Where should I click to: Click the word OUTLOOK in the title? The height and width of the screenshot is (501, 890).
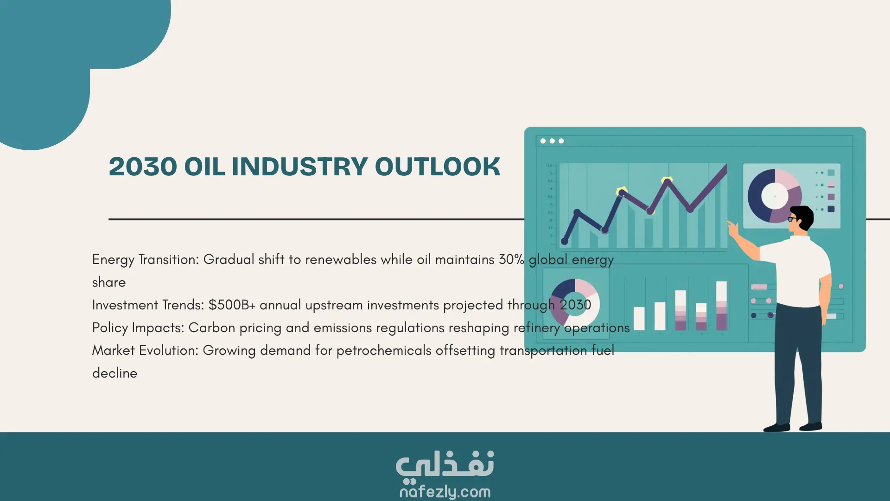(438, 167)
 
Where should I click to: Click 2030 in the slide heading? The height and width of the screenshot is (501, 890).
(143, 167)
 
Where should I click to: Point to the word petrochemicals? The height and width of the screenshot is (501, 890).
(384, 351)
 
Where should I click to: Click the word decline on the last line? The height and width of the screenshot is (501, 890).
(114, 373)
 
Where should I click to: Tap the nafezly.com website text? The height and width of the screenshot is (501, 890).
(445, 491)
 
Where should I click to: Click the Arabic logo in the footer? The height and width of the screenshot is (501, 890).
(445, 465)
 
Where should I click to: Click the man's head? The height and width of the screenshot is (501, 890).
(801, 219)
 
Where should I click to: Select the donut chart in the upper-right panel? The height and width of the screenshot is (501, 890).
(775, 196)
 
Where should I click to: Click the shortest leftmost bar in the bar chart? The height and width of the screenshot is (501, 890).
(639, 318)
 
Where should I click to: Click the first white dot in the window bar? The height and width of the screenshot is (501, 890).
(543, 141)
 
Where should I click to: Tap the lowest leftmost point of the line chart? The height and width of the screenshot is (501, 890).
(565, 241)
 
